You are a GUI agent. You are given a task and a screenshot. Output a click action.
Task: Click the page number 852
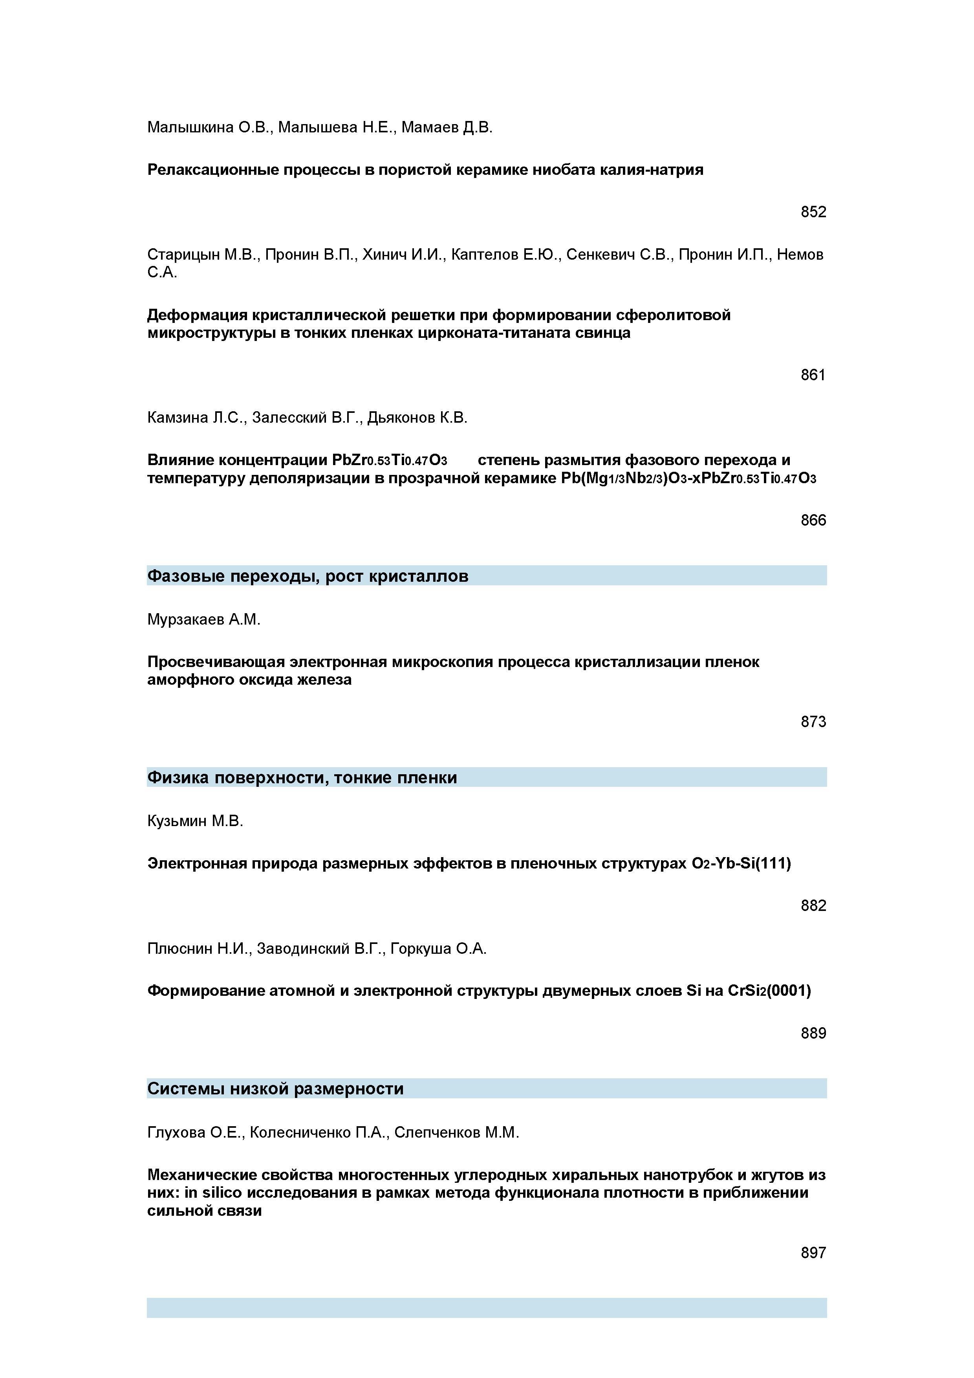(x=813, y=212)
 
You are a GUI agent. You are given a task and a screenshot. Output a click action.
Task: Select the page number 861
(x=813, y=375)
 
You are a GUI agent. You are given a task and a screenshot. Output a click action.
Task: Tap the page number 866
(x=813, y=520)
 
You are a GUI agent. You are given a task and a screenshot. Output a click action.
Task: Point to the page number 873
(x=813, y=722)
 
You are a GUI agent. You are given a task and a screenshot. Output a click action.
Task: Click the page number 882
(x=813, y=906)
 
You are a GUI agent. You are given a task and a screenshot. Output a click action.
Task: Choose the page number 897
(x=813, y=1253)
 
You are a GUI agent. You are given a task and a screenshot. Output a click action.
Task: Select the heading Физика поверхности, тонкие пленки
(x=302, y=778)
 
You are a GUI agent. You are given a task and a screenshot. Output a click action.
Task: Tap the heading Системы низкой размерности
(x=275, y=1089)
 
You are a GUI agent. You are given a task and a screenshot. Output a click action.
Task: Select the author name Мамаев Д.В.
(x=447, y=127)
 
